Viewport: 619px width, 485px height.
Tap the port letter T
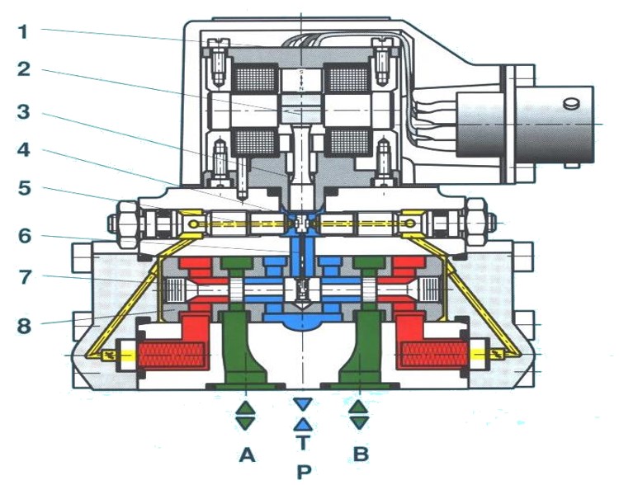click(x=303, y=443)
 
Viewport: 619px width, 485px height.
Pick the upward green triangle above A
click(x=246, y=407)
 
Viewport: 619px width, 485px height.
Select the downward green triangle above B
click(x=358, y=421)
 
